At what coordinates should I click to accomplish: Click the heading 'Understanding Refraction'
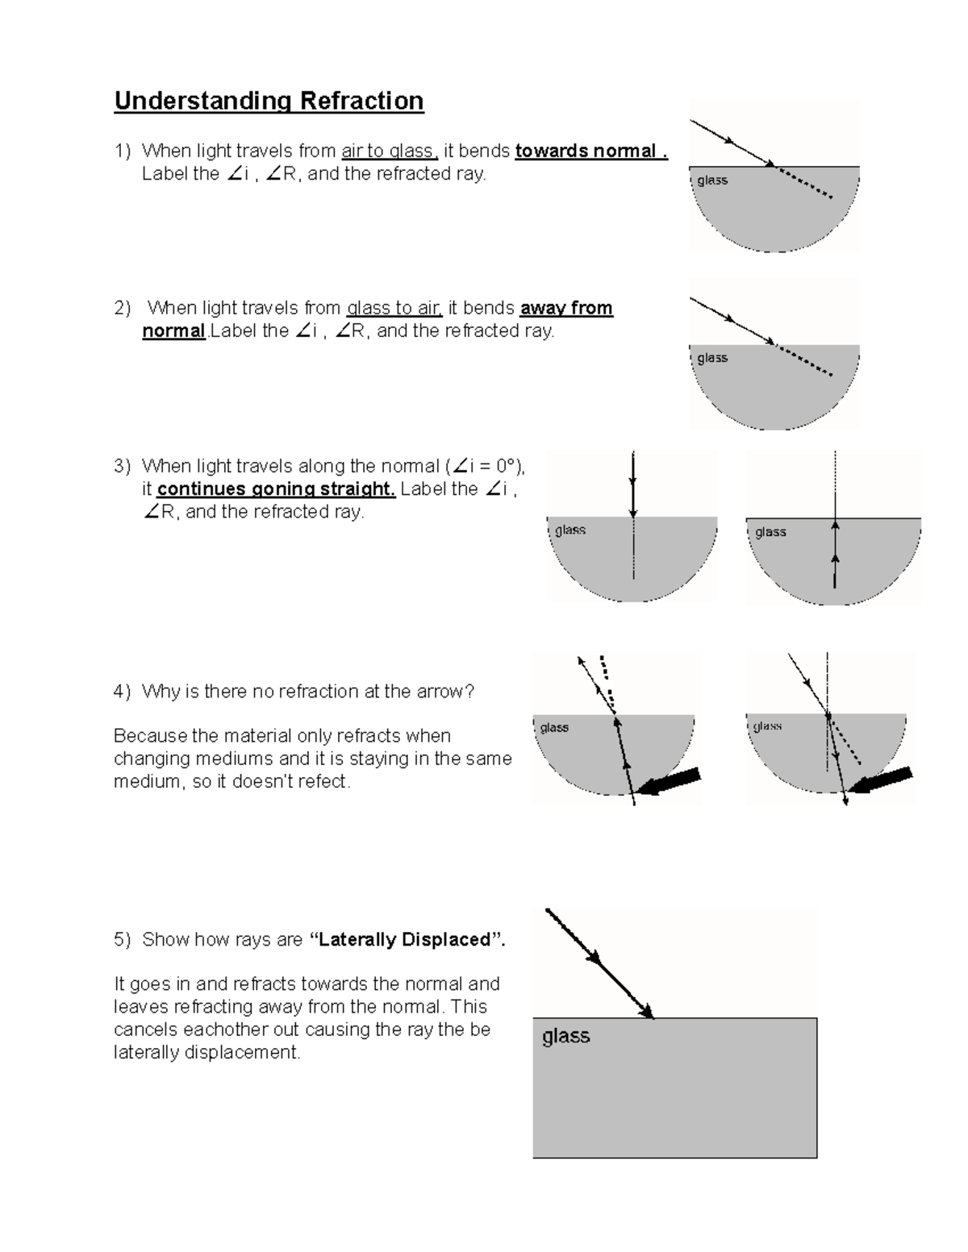(x=269, y=101)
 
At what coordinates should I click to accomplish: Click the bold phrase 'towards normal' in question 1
(x=590, y=151)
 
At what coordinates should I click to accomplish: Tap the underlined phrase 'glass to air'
(x=394, y=308)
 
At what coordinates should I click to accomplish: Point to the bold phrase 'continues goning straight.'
(x=276, y=489)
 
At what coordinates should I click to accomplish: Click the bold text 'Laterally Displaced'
(x=406, y=939)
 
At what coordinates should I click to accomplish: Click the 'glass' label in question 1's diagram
(x=712, y=181)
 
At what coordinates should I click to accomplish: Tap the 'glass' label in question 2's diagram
(x=712, y=358)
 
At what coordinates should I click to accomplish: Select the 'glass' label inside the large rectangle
(x=565, y=1036)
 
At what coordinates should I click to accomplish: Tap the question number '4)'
(x=122, y=692)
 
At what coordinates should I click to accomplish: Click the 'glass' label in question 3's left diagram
(x=570, y=530)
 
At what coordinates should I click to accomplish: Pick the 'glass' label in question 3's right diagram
(x=770, y=532)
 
